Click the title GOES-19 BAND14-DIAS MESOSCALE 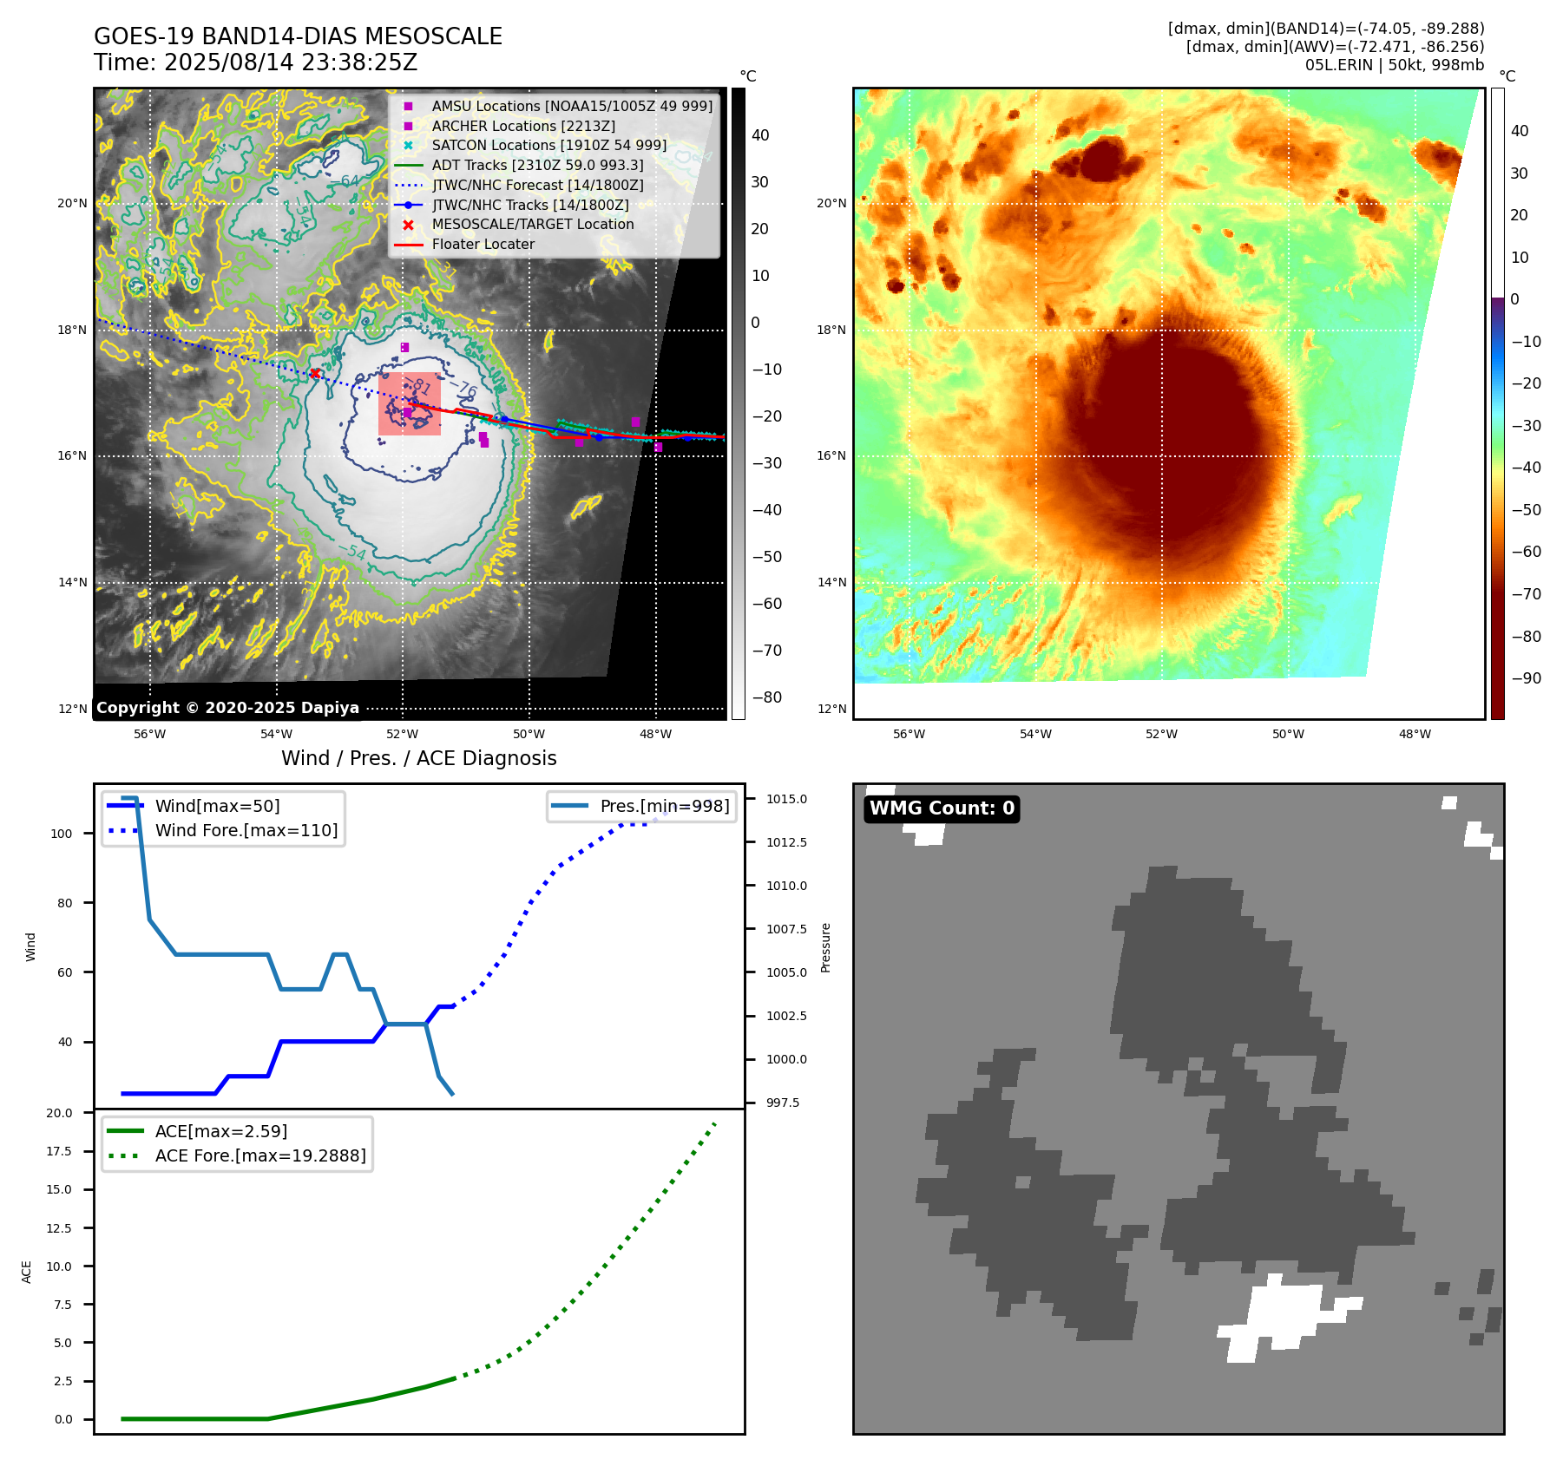(x=298, y=36)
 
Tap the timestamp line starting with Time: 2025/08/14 (x=255, y=62)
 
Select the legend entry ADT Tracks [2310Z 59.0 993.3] (x=537, y=165)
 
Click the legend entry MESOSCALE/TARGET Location (x=532, y=224)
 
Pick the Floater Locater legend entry (x=483, y=244)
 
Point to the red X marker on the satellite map (x=315, y=374)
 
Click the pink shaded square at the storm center (x=410, y=404)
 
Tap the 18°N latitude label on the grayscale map (x=72, y=330)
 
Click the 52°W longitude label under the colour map (x=1161, y=734)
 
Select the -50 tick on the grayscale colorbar (x=766, y=557)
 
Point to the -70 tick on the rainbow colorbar (x=1526, y=594)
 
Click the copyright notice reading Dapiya (x=227, y=708)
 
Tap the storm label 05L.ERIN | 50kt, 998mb (x=1394, y=65)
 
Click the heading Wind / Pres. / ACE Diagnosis (x=418, y=758)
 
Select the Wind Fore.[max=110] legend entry (x=246, y=830)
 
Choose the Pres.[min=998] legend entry (x=664, y=806)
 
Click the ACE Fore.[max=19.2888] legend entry (x=259, y=1155)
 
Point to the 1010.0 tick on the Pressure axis (x=785, y=886)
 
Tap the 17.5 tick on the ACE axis (x=59, y=1151)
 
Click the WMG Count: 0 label (x=942, y=808)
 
